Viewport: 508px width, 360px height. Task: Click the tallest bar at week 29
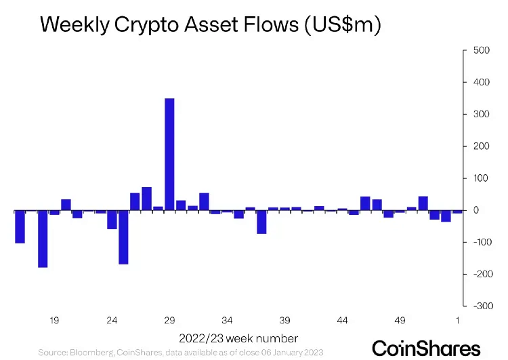point(169,155)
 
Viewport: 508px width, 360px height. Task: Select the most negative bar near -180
point(43,239)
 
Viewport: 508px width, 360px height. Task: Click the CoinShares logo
point(427,348)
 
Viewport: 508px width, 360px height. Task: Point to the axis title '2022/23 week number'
point(238,338)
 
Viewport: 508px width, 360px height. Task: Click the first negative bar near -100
point(20,227)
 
